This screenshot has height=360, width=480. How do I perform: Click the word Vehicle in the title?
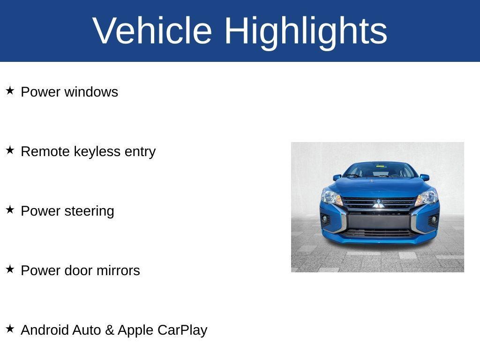click(153, 30)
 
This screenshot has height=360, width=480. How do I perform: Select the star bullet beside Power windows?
click(10, 90)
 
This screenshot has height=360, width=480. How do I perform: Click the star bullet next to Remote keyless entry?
click(10, 150)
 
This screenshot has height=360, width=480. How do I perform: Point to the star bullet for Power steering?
click(10, 210)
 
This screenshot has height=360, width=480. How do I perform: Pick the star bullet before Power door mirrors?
click(10, 269)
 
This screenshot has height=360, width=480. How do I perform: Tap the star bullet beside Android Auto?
click(10, 329)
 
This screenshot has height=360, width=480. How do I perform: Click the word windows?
click(91, 92)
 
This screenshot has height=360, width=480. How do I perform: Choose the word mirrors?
click(118, 270)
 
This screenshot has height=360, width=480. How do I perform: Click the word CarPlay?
click(182, 330)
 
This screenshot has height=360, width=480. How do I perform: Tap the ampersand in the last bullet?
click(110, 330)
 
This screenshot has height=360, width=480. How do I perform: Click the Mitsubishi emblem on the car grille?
click(378, 203)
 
